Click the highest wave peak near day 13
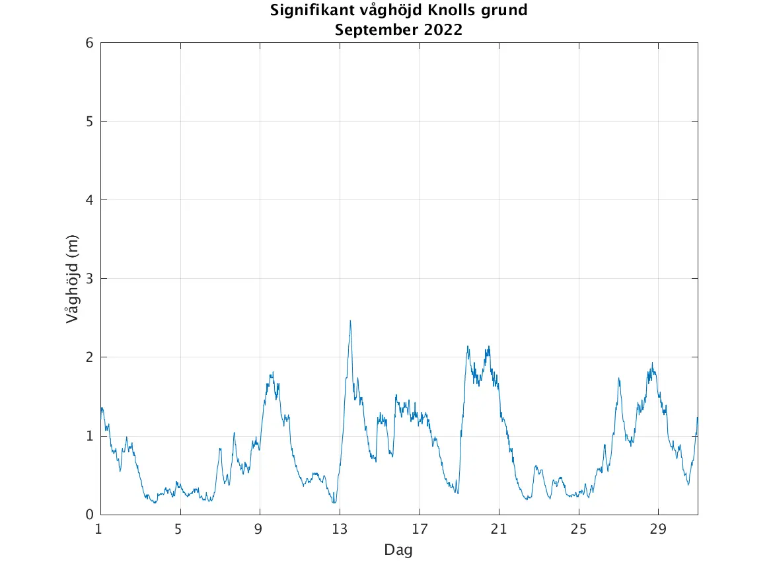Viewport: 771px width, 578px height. (350, 321)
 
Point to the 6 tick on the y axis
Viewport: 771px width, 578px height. (89, 43)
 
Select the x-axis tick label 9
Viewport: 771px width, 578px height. (260, 529)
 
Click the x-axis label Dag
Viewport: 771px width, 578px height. (398, 550)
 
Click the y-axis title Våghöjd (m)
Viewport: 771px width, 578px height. (72, 279)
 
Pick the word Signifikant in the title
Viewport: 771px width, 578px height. (308, 11)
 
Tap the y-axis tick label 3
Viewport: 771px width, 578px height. (89, 279)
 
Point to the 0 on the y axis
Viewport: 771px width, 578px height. (89, 515)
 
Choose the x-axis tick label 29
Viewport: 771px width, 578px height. (657, 529)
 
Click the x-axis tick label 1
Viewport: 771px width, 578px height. (99, 529)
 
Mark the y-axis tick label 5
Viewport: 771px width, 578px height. (89, 122)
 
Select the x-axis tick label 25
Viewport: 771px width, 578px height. (578, 529)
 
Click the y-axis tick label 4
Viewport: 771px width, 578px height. (89, 200)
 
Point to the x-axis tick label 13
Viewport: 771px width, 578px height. (339, 529)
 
